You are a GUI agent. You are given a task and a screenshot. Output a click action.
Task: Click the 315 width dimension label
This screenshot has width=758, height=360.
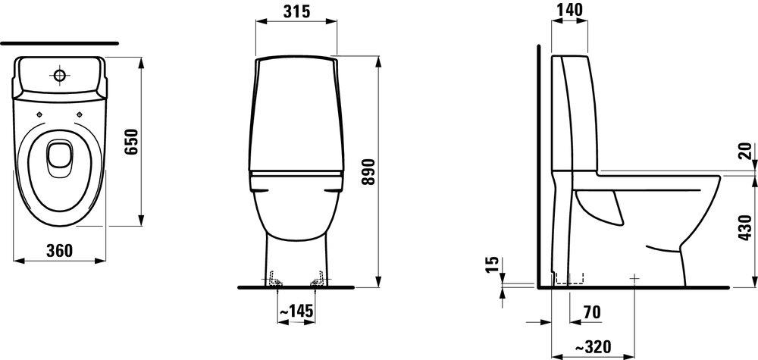(296, 11)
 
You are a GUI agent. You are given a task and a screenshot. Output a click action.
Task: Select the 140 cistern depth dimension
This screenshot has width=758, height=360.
(569, 10)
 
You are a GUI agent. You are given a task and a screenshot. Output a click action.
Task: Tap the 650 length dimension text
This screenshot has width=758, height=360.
(131, 141)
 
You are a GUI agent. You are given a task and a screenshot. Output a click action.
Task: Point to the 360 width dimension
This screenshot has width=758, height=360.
(59, 250)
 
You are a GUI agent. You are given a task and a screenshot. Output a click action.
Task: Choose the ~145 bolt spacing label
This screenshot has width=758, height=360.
(296, 311)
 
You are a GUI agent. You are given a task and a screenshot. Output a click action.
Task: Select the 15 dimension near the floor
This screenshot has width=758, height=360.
(492, 265)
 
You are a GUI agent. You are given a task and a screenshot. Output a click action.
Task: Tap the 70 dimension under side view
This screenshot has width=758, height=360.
(592, 313)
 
